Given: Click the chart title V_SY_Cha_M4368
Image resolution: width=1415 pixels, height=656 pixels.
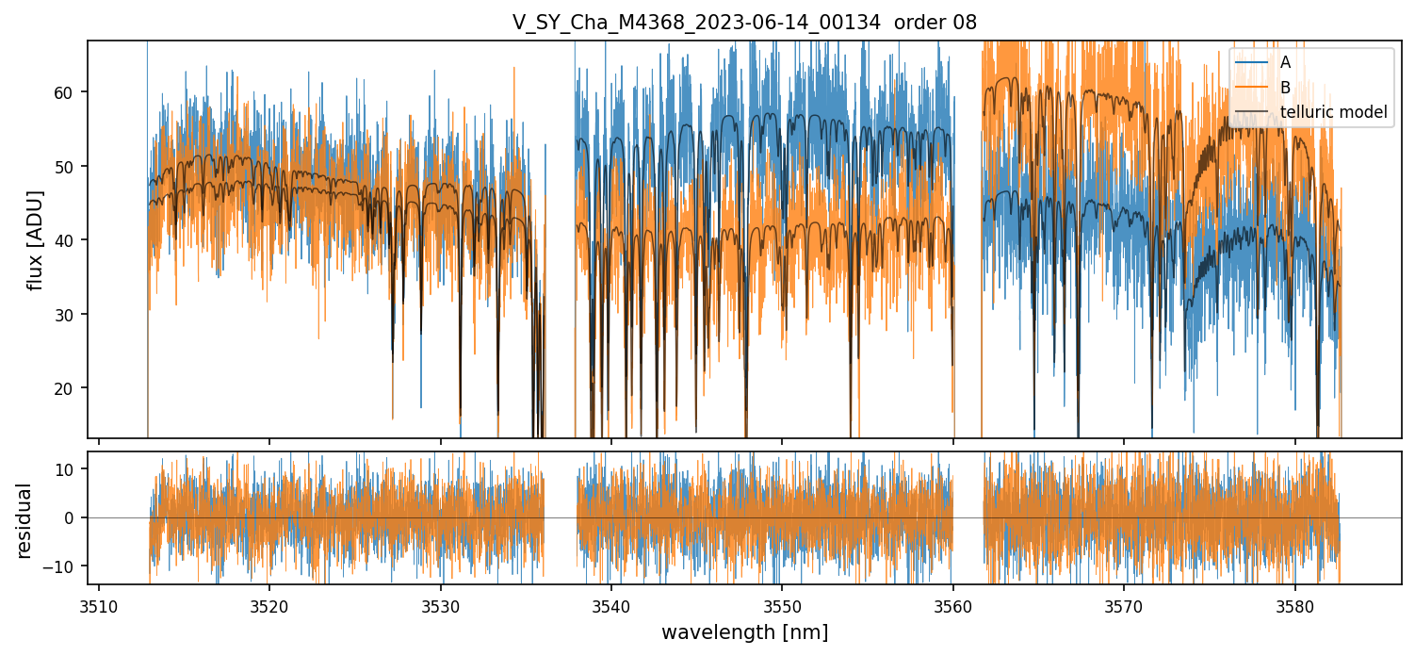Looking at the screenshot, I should pyautogui.click(x=744, y=22).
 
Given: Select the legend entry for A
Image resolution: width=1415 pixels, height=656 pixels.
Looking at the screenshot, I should pyautogui.click(x=1285, y=62).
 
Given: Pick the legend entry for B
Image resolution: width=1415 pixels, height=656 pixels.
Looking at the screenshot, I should pyautogui.click(x=1285, y=88).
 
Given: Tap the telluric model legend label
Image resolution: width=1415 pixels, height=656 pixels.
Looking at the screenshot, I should pyautogui.click(x=1333, y=113).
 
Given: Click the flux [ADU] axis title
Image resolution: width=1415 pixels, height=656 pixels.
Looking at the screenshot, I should pyautogui.click(x=36, y=239).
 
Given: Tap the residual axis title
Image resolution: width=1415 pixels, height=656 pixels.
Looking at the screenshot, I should pyautogui.click(x=24, y=520).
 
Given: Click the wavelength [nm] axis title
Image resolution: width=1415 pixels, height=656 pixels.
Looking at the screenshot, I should pyautogui.click(x=744, y=632).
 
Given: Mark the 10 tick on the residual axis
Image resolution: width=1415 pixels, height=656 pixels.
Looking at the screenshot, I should pyautogui.click(x=72, y=469).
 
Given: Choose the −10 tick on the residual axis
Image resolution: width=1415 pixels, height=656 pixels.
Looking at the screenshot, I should pyautogui.click(x=68, y=566).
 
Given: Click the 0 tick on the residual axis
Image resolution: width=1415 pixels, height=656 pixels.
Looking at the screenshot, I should pyautogui.click(x=75, y=517).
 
